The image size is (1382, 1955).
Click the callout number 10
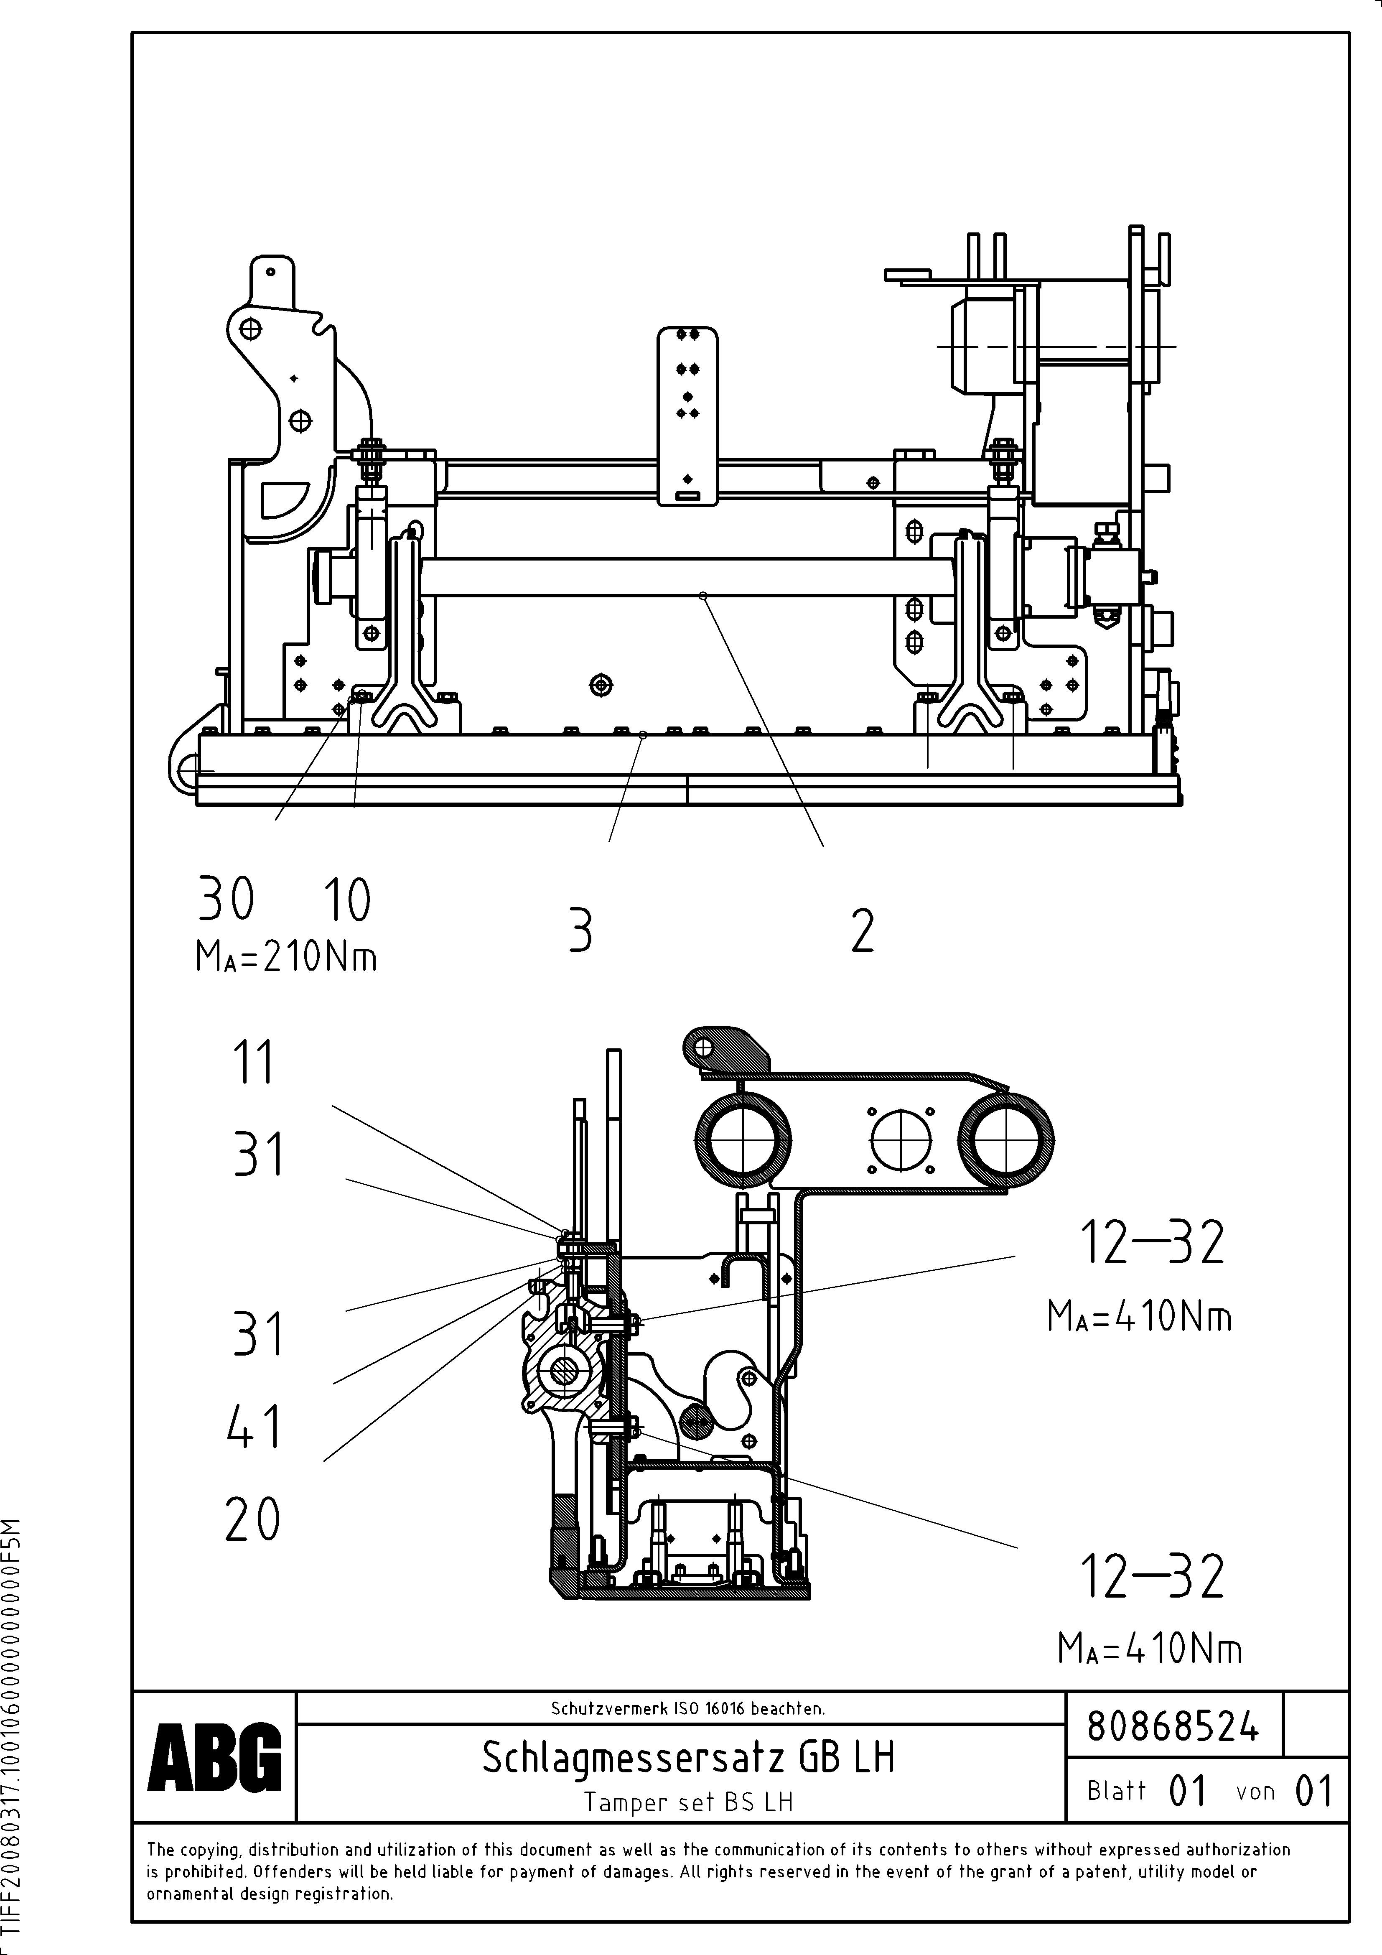[346, 901]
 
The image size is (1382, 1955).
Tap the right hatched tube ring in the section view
[1005, 1141]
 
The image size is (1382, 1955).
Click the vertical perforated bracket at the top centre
[687, 415]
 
